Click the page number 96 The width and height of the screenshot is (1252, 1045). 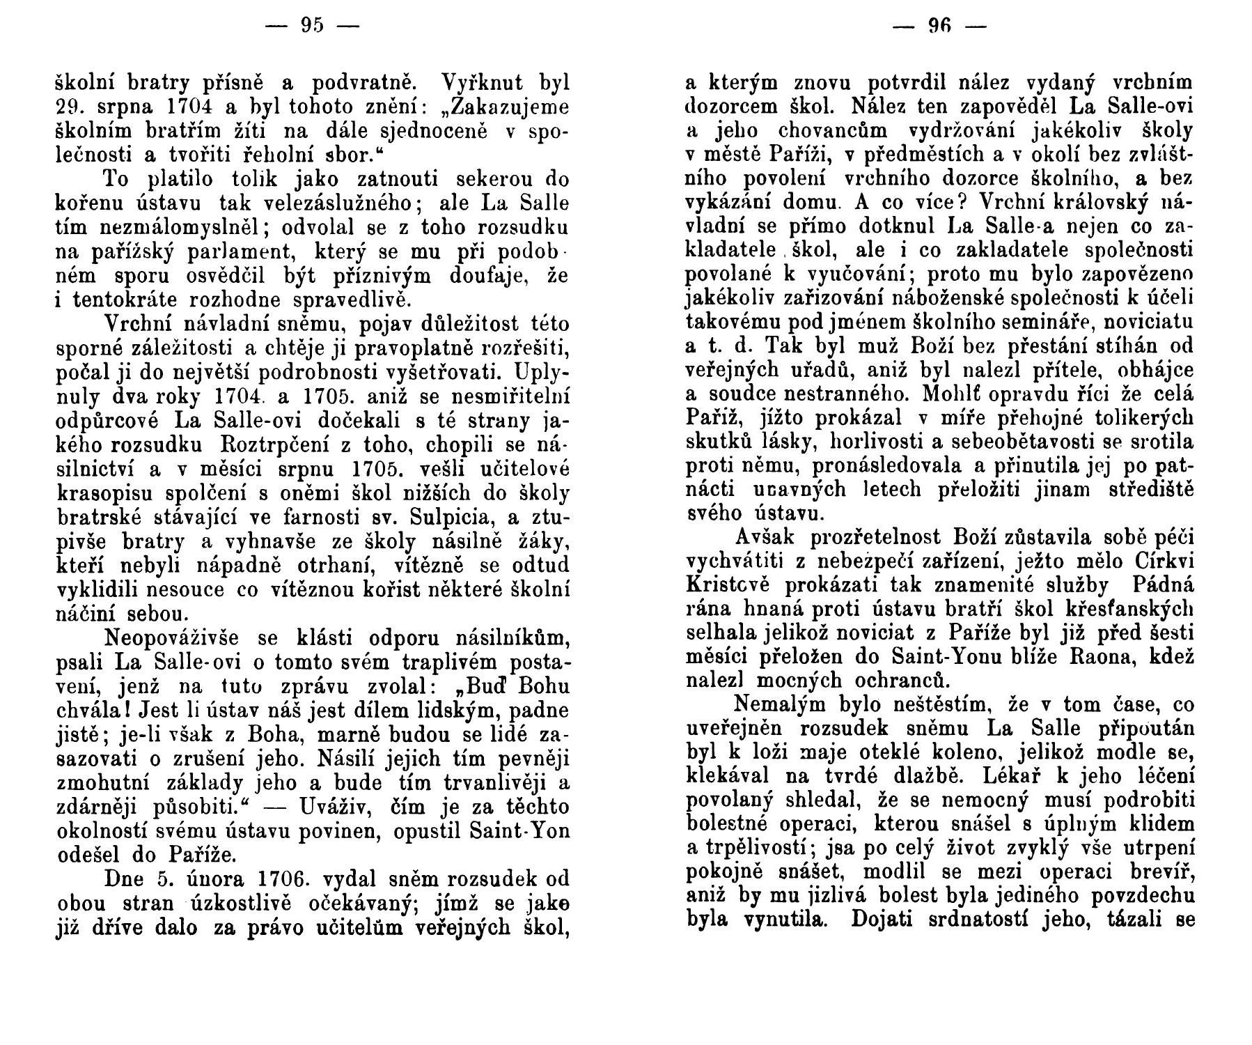point(940,27)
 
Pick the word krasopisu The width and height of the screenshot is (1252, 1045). point(102,494)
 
